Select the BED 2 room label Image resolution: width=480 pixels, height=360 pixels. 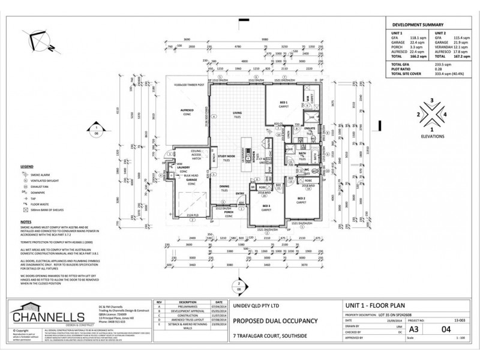[300, 198]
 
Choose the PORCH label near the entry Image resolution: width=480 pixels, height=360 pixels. [228, 211]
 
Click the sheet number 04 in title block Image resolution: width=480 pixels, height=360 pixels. [445, 329]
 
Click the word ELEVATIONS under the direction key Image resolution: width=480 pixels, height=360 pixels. [432, 137]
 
